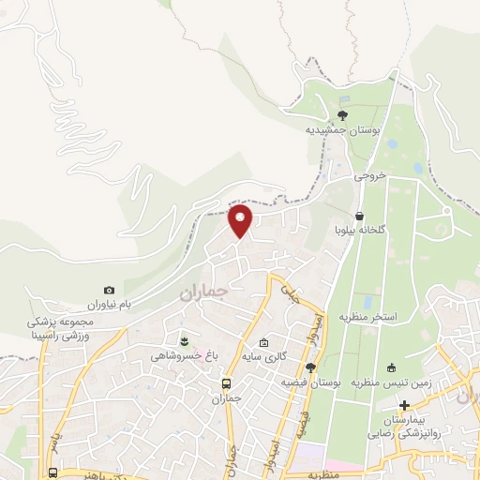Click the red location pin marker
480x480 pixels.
[241, 220]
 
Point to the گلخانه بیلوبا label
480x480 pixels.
[361, 230]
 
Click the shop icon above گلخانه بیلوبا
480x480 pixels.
[361, 215]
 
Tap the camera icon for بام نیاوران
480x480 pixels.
[110, 291]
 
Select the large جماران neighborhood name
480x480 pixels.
[203, 292]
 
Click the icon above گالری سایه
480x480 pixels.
[264, 342]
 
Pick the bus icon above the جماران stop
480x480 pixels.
[226, 382]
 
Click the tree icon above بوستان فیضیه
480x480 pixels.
[310, 367]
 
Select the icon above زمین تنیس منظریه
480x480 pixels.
[390, 367]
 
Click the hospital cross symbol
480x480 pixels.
[405, 406]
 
